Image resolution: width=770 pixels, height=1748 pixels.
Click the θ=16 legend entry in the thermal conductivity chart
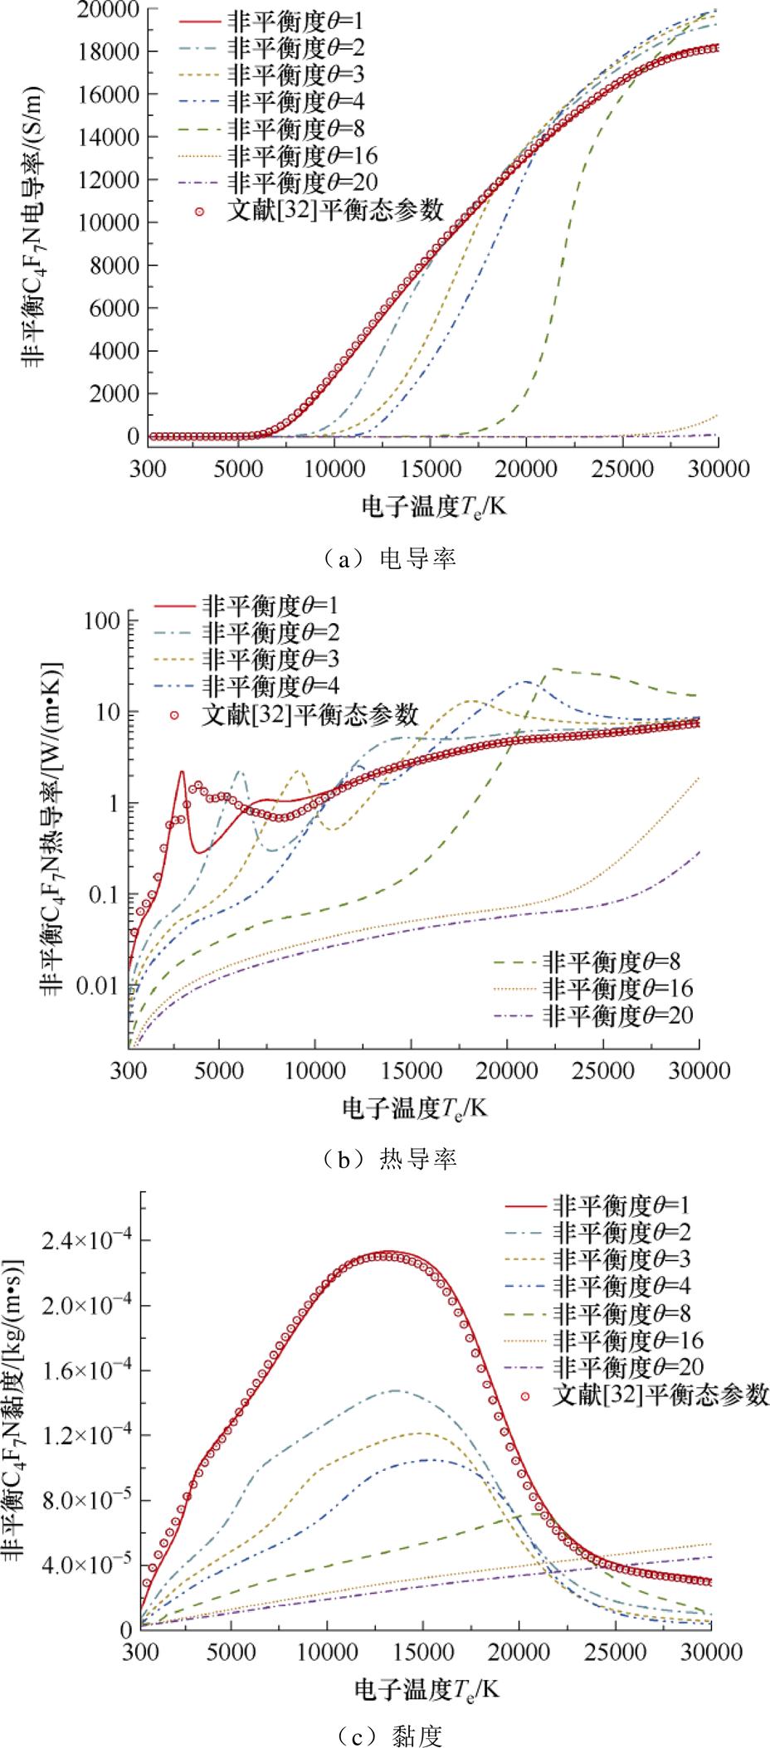point(618,988)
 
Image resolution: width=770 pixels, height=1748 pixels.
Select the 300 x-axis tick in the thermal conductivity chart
point(129,1071)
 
